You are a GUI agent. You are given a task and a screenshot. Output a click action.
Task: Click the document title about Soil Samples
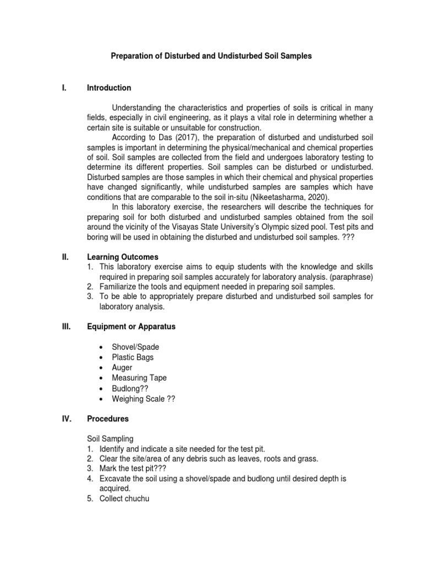tap(211, 56)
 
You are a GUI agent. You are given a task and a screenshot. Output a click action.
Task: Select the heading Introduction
tap(109, 88)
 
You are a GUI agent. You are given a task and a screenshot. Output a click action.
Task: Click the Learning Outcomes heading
tap(123, 257)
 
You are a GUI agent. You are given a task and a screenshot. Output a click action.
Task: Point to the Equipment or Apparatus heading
tap(131, 327)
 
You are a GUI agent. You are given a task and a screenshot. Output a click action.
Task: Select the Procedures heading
tap(108, 419)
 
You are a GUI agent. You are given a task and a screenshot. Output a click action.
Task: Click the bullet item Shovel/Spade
tap(135, 347)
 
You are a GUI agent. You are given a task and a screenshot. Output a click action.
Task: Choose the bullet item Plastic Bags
tap(133, 357)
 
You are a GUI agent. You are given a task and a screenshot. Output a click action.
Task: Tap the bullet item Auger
tap(122, 367)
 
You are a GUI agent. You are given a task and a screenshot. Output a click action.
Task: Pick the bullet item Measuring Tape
tap(139, 378)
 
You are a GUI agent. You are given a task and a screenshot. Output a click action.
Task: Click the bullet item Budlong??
tap(130, 388)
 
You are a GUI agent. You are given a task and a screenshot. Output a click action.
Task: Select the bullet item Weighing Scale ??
tap(143, 398)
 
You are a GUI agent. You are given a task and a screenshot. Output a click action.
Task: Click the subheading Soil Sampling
tap(110, 439)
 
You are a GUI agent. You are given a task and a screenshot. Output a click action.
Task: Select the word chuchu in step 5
tap(137, 499)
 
